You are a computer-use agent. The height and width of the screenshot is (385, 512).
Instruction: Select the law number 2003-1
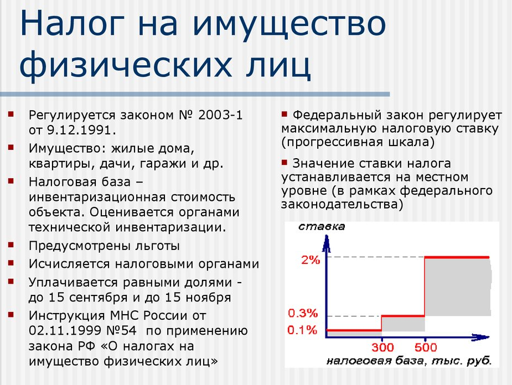[x=220, y=115]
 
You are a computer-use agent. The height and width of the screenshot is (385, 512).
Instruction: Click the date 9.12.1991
[x=81, y=130]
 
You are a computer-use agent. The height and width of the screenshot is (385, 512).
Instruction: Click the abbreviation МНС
[x=125, y=315]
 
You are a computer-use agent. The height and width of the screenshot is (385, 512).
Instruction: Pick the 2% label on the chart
[x=311, y=260]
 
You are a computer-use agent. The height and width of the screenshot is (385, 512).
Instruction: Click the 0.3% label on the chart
[x=303, y=313]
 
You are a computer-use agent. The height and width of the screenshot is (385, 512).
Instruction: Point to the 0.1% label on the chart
[x=302, y=330]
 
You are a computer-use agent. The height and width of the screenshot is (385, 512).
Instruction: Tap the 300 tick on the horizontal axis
[x=382, y=347]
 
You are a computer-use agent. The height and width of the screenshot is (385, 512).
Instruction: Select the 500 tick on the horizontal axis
[x=426, y=347]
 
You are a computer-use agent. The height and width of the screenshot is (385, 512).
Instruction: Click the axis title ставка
[x=322, y=226]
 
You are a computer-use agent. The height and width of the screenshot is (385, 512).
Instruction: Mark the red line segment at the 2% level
[x=457, y=257]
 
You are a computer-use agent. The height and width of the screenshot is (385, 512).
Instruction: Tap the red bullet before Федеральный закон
[x=284, y=114]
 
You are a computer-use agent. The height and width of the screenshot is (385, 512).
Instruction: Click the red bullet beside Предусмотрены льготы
[x=11, y=244]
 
